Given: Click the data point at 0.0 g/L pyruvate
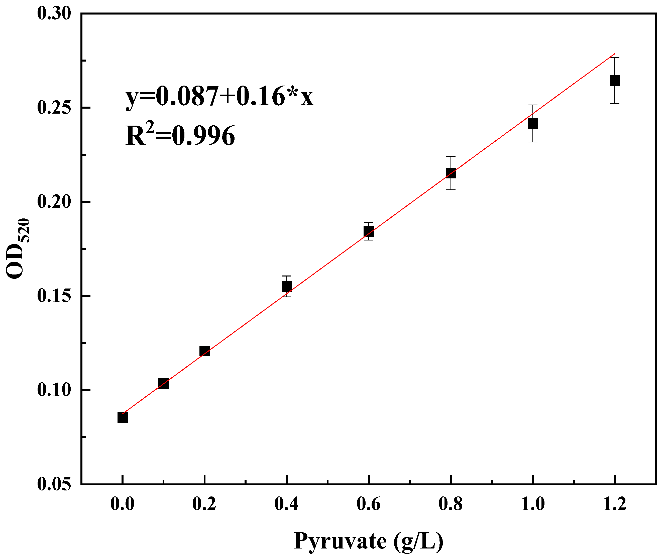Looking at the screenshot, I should [123, 417].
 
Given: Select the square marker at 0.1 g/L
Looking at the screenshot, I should [163, 383].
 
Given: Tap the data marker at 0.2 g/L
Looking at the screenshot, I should [204, 351].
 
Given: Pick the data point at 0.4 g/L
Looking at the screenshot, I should [287, 287].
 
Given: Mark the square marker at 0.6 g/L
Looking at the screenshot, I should [368, 231].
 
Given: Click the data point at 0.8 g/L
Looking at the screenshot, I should [451, 173].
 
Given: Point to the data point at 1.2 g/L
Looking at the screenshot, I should [615, 81].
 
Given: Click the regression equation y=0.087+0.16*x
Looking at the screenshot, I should [219, 97].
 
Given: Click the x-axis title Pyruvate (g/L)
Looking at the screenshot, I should [368, 541].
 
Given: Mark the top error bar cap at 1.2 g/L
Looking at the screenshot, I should [615, 58].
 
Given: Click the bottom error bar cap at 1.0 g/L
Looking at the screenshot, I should [533, 142].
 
